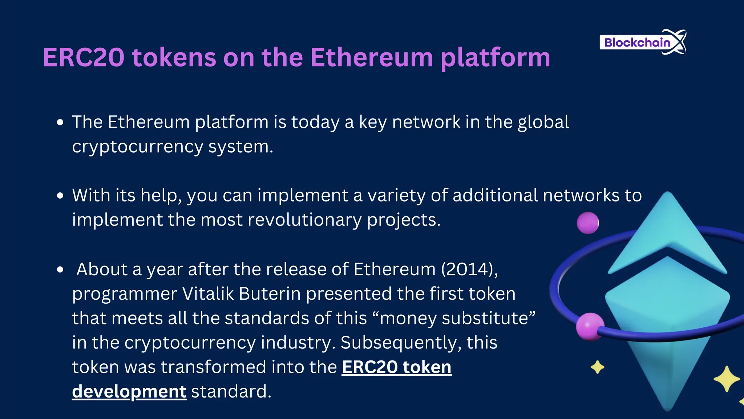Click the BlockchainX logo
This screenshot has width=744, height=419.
642,42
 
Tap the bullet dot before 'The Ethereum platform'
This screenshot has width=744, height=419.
60,122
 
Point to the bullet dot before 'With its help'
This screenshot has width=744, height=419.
60,196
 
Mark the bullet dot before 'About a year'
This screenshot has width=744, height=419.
60,270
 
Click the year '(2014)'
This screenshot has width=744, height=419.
469,270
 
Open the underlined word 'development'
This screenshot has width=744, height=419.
129,392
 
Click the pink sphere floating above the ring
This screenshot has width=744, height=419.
588,223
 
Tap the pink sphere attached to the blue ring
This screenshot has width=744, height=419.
590,326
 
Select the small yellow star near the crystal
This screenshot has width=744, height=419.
597,367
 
